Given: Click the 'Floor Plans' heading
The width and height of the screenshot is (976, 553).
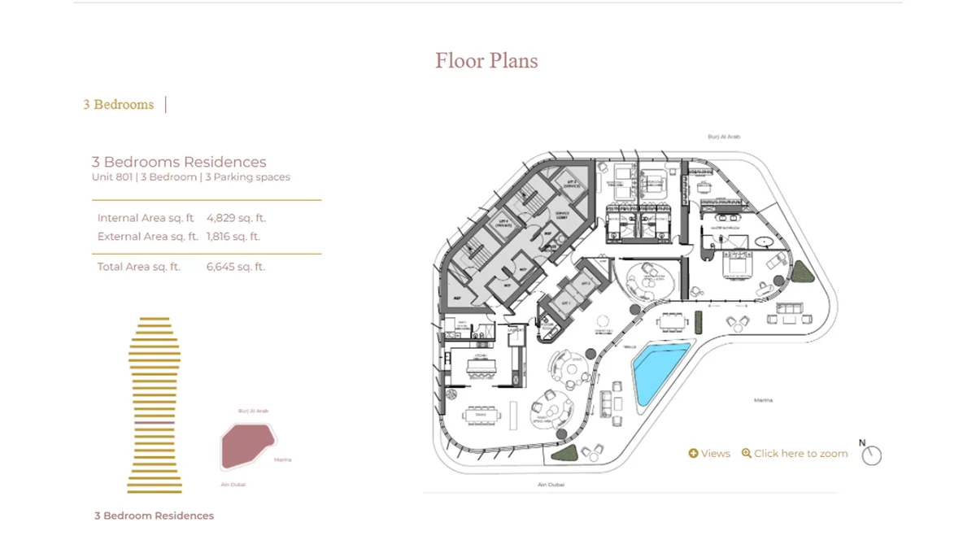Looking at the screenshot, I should click(x=486, y=61).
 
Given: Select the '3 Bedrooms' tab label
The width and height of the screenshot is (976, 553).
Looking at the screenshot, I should click(x=118, y=104).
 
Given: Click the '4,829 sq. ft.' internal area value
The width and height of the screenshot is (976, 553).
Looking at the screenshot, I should click(x=236, y=218).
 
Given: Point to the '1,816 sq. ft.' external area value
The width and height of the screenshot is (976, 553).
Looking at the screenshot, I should click(x=233, y=237).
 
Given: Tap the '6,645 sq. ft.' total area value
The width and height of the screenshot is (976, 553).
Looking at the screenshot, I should click(x=236, y=267).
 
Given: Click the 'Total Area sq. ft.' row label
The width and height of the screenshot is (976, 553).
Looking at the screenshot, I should click(x=138, y=267).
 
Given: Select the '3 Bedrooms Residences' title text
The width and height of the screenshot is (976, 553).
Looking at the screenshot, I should click(x=179, y=162).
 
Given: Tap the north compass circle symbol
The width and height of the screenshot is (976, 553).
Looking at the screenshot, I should click(x=871, y=455).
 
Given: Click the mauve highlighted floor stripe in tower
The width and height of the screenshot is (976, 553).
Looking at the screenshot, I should click(x=154, y=424).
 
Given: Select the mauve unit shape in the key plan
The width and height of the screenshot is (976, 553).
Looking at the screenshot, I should click(x=246, y=446).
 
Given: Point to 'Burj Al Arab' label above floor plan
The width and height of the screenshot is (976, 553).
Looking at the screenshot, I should click(x=724, y=137).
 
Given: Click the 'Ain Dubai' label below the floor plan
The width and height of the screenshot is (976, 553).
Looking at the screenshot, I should click(x=551, y=485).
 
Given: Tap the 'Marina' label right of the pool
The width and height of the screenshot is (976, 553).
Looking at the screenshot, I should click(x=762, y=400).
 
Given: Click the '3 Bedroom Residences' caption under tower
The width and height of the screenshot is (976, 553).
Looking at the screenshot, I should click(x=154, y=516).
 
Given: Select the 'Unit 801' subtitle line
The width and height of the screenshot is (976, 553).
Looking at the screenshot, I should click(x=190, y=176).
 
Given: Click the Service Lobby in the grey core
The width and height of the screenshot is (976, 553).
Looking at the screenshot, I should click(x=562, y=215).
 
